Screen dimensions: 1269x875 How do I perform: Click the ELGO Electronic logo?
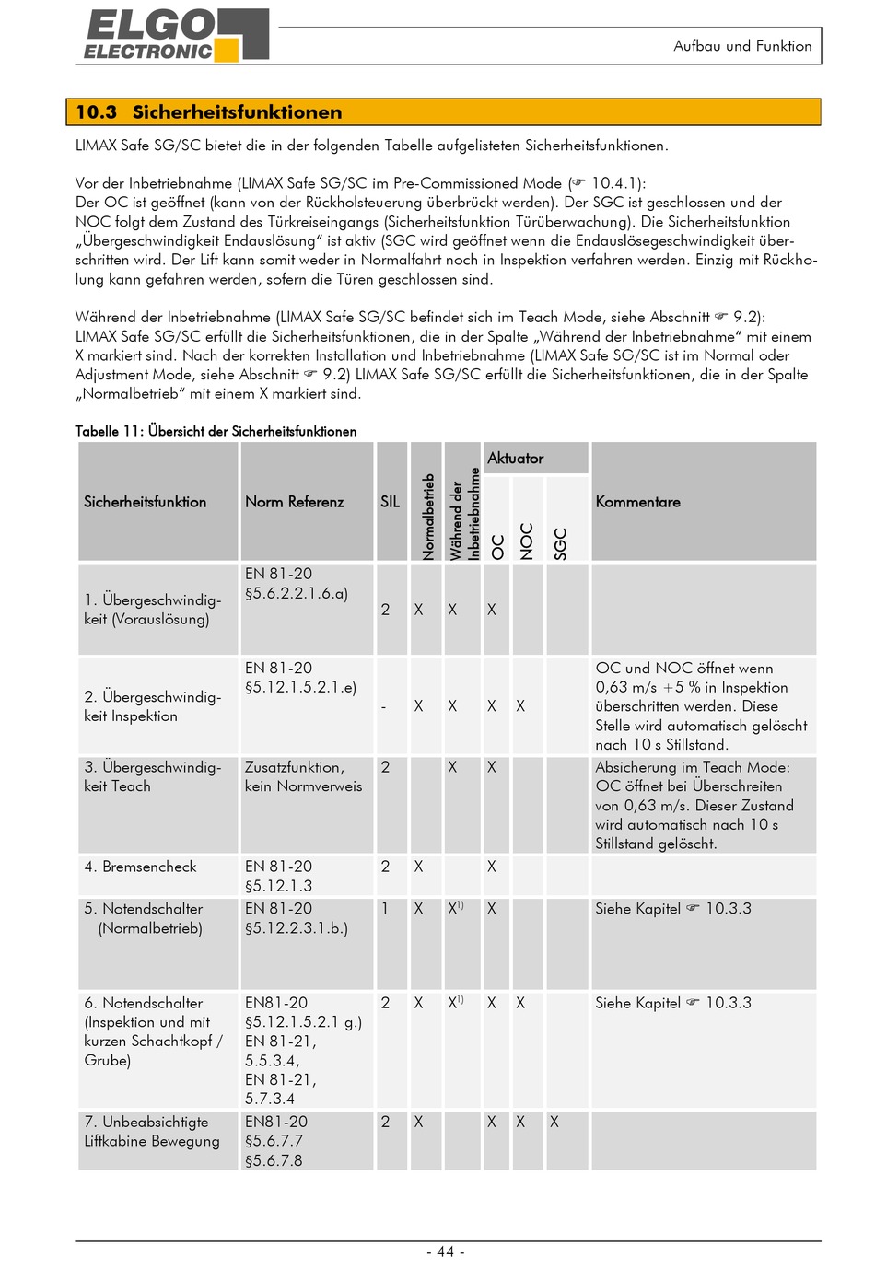coord(176,36)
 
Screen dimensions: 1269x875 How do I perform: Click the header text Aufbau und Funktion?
coord(742,46)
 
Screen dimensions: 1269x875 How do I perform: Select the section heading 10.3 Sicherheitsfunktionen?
coord(208,112)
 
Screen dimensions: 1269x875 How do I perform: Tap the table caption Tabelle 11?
coord(216,431)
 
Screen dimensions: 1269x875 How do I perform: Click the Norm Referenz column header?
coord(294,502)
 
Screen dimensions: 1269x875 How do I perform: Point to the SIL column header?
coord(391,502)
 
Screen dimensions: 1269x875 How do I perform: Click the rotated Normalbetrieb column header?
coord(428,516)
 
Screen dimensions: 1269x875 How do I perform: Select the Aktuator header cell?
coord(516,459)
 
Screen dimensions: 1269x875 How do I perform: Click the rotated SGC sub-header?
coord(560,543)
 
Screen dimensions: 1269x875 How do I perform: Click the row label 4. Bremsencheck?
coord(140,867)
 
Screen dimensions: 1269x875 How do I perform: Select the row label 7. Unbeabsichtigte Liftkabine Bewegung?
coord(152,1132)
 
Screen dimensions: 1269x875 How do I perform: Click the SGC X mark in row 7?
coord(554,1122)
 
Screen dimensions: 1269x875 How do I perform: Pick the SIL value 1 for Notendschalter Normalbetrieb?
coord(385,909)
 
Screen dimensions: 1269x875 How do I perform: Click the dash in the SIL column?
coord(384,707)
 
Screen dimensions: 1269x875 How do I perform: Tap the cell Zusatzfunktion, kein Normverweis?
coord(303,776)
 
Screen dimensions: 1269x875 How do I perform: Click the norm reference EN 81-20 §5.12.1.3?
coord(278,876)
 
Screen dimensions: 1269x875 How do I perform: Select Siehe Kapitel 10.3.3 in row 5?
coord(672,909)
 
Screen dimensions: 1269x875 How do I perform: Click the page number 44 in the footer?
coord(446,1252)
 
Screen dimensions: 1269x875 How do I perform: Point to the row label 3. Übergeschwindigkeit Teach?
coord(152,776)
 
